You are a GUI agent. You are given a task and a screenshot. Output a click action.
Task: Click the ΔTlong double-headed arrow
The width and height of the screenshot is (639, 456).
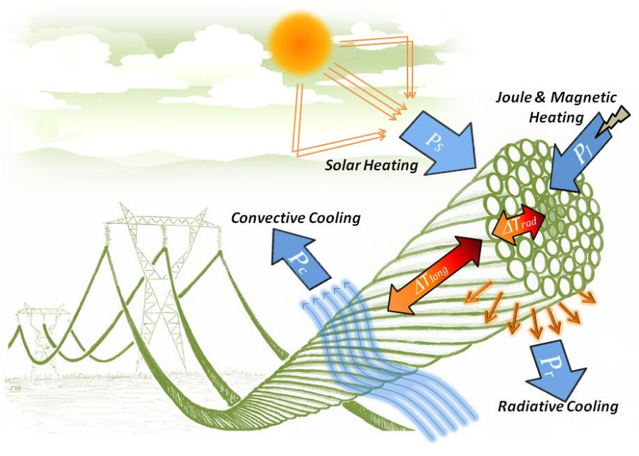pos(435,274)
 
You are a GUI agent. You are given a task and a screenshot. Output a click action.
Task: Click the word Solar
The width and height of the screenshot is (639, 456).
pos(343,165)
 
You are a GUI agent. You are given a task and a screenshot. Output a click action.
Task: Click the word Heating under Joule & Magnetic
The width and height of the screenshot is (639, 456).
pos(556,118)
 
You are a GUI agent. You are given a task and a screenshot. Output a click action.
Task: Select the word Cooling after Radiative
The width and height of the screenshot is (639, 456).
pos(593,407)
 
